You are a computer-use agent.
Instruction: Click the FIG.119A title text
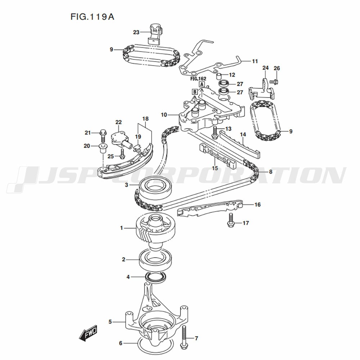(x=90, y=17)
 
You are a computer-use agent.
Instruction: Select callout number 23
(x=136, y=32)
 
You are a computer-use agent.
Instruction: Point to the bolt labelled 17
(x=231, y=220)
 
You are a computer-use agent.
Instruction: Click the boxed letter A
(x=202, y=84)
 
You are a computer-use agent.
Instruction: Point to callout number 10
(x=164, y=115)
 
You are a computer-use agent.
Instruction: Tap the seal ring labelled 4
(x=156, y=277)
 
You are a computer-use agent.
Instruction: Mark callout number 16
(x=257, y=205)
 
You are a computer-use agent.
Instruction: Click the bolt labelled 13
(x=215, y=132)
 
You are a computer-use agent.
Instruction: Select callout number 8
(x=270, y=172)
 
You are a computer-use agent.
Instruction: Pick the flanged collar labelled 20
(x=102, y=147)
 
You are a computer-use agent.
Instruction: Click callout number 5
(x=110, y=321)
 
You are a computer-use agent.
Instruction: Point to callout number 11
(x=255, y=61)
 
